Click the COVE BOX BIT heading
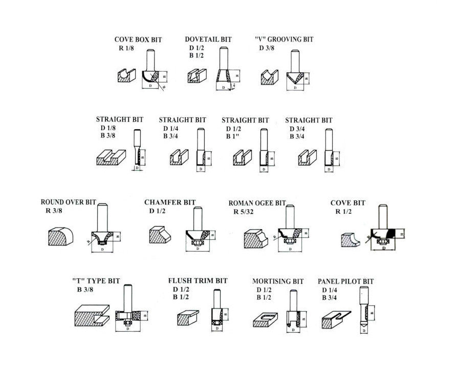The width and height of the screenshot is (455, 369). pyautogui.click(x=137, y=39)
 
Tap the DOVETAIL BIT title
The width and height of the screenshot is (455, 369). pyautogui.click(x=208, y=39)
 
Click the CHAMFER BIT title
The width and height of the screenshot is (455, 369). pyautogui.click(x=170, y=202)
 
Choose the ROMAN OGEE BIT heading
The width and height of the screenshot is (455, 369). pyautogui.click(x=257, y=203)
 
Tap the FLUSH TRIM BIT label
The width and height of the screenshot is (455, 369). pyautogui.click(x=198, y=281)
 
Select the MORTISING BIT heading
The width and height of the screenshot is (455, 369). pyautogui.click(x=278, y=281)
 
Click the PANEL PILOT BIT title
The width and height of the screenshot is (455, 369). pyautogui.click(x=345, y=281)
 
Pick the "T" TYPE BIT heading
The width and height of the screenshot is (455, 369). pyautogui.click(x=96, y=281)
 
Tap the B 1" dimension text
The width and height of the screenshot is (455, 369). pyautogui.click(x=233, y=137)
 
